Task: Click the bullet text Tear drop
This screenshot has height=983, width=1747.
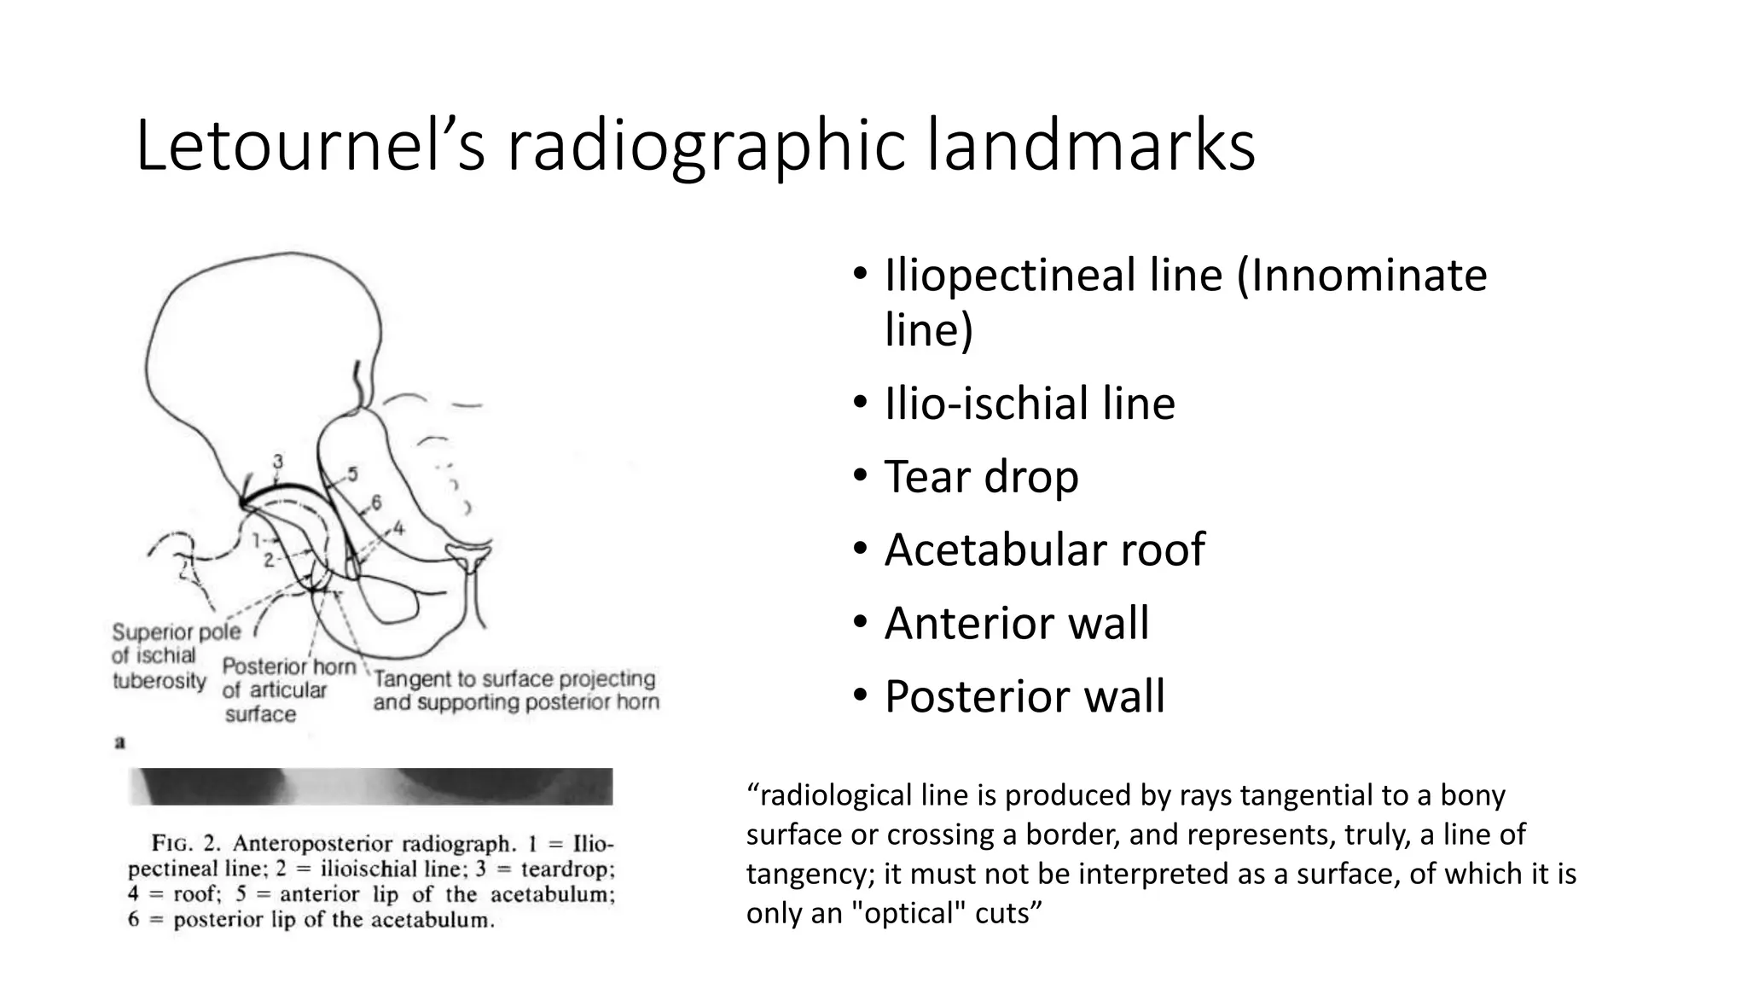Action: [981, 476]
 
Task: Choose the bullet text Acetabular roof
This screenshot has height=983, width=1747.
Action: [1044, 550]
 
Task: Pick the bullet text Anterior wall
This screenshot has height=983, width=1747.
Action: [1017, 623]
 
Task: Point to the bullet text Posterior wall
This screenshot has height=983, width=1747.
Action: [1024, 696]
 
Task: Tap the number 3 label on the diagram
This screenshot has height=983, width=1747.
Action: [278, 462]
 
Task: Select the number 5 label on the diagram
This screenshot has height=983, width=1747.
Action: [352, 475]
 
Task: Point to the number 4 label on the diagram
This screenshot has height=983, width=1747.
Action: [398, 529]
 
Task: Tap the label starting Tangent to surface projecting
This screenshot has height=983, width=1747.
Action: [515, 690]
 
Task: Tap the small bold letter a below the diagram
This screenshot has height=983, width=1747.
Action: [120, 743]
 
